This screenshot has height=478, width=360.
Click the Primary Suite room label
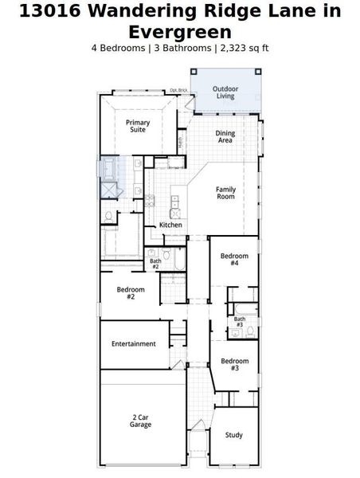(x=138, y=126)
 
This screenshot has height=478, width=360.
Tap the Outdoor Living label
(x=226, y=92)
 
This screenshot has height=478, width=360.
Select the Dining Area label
(x=225, y=137)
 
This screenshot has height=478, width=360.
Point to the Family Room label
(x=225, y=193)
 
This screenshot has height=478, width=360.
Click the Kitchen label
(x=170, y=225)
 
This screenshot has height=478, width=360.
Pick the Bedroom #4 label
(x=234, y=260)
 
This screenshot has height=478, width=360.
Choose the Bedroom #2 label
(x=131, y=292)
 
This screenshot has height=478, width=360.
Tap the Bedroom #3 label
(x=234, y=364)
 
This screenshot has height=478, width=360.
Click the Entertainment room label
(x=133, y=344)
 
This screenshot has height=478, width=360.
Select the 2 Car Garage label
(x=141, y=421)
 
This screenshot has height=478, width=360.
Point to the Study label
(x=233, y=435)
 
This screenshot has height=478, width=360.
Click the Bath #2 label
(x=155, y=263)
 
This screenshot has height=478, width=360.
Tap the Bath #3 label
(x=239, y=322)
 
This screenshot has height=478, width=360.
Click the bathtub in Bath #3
(x=243, y=308)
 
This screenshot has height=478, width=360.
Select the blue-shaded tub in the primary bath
(x=108, y=169)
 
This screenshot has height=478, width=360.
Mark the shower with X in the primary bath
(x=108, y=190)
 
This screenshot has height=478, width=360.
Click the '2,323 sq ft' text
(x=242, y=48)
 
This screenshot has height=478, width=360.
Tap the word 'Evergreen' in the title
(x=180, y=32)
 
